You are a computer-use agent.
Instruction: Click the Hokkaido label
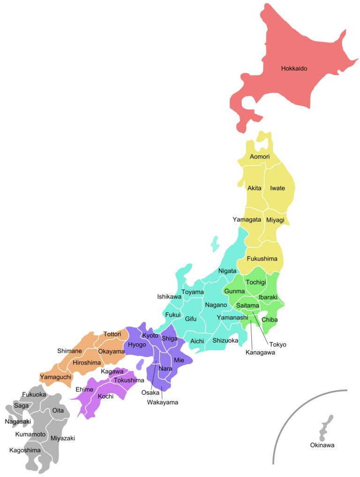(x=294, y=68)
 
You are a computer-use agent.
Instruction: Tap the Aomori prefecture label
(x=259, y=156)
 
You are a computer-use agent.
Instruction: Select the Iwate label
(x=277, y=188)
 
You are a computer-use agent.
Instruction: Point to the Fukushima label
(x=262, y=258)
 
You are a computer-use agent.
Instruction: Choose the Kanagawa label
(x=260, y=353)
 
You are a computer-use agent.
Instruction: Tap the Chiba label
(x=270, y=320)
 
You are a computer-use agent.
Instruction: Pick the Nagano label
(x=216, y=305)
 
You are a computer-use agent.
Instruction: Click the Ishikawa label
(x=169, y=296)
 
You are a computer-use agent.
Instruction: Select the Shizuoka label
(x=225, y=341)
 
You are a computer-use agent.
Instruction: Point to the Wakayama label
(x=162, y=402)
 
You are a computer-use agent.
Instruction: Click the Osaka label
(x=150, y=393)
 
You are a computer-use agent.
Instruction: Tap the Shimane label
(x=69, y=351)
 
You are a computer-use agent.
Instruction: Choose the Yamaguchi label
(x=55, y=377)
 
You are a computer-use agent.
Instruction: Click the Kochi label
(x=105, y=396)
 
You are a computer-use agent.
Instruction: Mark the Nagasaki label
(x=18, y=421)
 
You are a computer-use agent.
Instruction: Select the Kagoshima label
(x=25, y=450)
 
